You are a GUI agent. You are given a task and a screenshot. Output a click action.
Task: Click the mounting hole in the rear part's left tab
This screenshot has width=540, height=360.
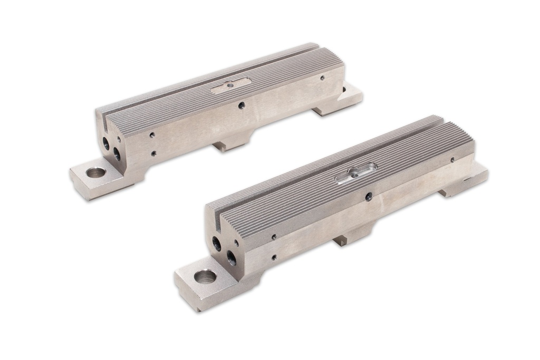pos(95,172)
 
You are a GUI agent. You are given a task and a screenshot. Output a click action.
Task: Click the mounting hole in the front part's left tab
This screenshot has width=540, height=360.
pos(205,276)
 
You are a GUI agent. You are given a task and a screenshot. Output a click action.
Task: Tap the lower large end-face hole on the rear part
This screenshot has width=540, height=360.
pos(117,153)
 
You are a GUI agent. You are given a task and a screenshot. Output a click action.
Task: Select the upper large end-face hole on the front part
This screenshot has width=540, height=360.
pos(217,244)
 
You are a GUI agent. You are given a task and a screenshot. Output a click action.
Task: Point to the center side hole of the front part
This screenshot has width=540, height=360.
pos(368,196)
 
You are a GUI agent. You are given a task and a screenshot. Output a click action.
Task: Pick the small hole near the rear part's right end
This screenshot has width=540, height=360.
pos(322,77)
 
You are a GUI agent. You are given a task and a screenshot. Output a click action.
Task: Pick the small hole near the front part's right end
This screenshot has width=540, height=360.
pos(452,159)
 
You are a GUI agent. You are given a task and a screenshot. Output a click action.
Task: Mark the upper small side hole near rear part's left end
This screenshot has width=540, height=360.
pos(152,135)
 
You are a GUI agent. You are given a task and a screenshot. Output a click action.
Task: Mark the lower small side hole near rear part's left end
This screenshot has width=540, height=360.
pos(153,153)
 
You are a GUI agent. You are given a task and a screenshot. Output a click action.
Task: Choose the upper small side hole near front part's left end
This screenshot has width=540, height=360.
pos(273,237)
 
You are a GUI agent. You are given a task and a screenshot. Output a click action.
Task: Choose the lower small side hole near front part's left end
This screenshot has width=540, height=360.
pos(274,258)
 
